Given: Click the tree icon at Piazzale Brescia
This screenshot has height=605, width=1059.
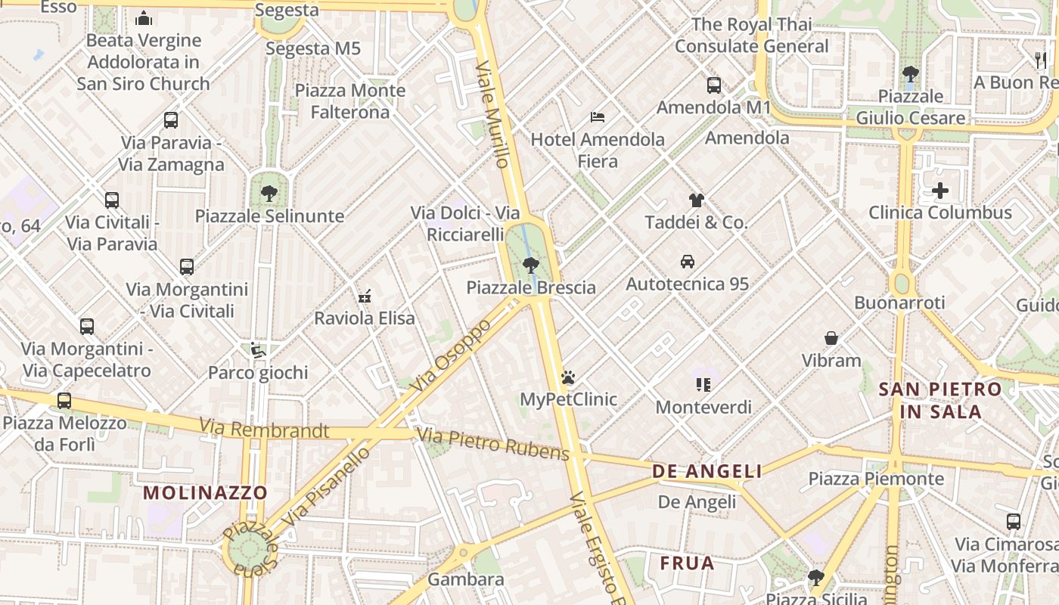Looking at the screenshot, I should coord(531,265).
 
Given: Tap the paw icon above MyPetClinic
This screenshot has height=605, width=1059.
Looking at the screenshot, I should coord(568,377).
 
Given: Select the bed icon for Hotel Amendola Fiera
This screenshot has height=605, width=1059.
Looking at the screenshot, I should coord(598,116).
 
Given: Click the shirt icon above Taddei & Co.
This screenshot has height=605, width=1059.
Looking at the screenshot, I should coord(696,200).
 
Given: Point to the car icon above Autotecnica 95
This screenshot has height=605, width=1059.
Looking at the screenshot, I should coord(688,262).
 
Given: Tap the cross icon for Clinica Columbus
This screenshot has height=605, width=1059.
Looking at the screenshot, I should coord(939,191).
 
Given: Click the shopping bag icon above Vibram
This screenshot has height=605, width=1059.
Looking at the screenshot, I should coord(831,338).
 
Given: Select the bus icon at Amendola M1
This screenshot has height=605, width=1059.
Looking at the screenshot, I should coord(713,85).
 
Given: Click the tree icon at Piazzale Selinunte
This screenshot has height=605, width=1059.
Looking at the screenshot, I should coord(269,194).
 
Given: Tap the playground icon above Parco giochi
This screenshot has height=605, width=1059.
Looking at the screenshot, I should coord(258,350).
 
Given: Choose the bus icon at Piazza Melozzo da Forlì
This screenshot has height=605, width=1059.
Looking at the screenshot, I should coord(64,400).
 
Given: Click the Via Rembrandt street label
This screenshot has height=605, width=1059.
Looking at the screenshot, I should coord(264,430).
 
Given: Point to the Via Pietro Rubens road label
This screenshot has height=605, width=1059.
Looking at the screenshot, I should coord(492,444).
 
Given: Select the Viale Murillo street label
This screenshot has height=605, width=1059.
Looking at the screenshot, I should coord(492,114).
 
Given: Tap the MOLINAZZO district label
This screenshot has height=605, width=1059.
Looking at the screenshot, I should coord(206,493).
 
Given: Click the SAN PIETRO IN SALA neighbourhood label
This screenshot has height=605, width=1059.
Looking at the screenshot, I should coord(940,401).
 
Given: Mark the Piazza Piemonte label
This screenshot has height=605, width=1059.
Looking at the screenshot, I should coord(876,479).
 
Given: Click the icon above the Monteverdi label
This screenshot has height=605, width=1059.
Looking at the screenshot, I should coord(703,385).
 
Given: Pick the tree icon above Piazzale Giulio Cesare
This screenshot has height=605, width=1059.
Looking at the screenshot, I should coord(910,74).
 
